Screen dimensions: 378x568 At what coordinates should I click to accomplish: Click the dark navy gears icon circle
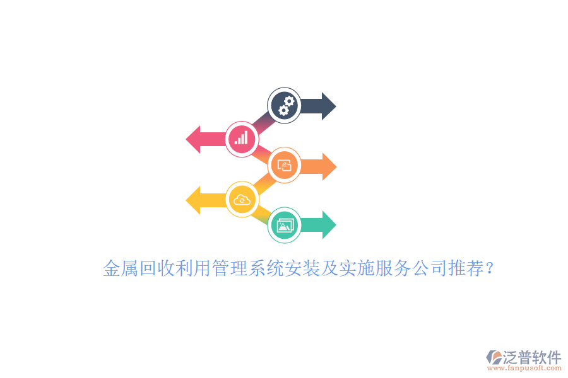coord(284,105)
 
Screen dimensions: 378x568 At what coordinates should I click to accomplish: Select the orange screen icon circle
coord(284,166)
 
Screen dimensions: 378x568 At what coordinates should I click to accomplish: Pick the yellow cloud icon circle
coord(242,200)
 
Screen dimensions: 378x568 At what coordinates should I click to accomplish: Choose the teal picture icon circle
coord(284,225)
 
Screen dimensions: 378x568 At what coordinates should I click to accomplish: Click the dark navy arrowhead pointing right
coord(328,106)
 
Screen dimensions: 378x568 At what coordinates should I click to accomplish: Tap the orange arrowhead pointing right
coord(328,166)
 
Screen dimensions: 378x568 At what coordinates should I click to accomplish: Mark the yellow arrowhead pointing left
coord(194,200)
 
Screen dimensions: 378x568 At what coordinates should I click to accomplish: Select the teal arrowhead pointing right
coord(328,225)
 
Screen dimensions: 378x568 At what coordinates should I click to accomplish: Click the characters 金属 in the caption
coord(121,270)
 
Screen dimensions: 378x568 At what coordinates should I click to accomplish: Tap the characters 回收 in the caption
coord(157,270)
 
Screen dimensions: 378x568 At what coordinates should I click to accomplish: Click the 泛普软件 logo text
coord(532,357)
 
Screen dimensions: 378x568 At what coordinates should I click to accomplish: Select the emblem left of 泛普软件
coord(494,358)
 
